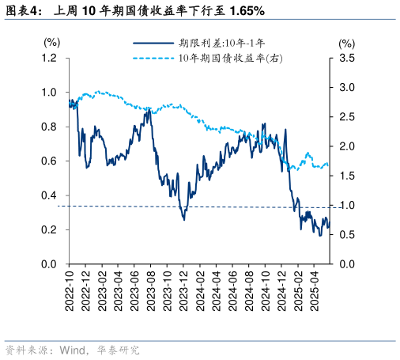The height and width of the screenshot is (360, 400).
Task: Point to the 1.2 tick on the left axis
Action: coord(50,58)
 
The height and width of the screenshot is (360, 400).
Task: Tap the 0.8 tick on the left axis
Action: coord(50,127)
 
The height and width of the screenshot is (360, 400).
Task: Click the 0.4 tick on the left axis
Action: coord(50,195)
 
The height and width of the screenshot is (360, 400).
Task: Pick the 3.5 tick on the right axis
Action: coord(346,58)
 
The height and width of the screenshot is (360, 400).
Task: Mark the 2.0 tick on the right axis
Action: coord(346,146)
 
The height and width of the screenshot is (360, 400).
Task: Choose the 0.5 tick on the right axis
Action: coord(346,235)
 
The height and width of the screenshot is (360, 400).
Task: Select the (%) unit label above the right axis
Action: coord(346,42)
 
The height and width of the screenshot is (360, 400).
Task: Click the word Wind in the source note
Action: coord(73,350)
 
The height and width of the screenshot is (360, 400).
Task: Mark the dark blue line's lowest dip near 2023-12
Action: coord(184,219)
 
